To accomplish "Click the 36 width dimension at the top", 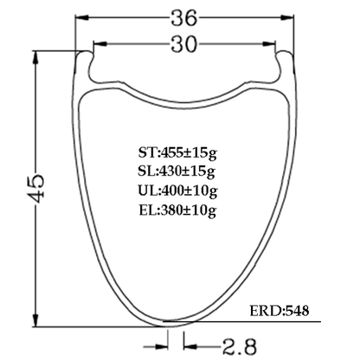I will pos(184,16).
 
